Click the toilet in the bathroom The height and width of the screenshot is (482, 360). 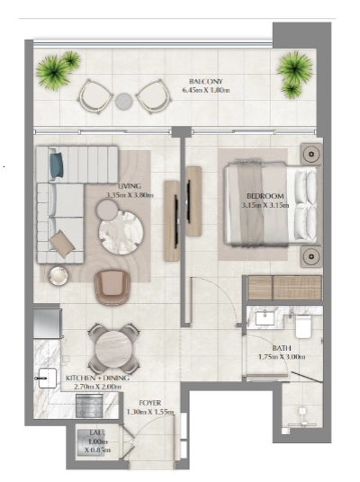tap(301, 326)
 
